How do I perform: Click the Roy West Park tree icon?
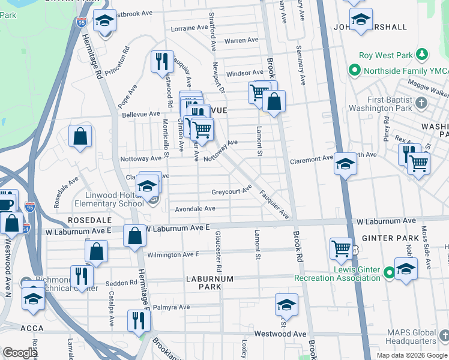(x=423, y=55)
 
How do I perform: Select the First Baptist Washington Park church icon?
(x=423, y=102)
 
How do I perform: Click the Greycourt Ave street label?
(x=231, y=192)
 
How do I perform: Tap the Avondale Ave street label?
(x=195, y=209)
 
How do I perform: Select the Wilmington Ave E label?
(x=173, y=254)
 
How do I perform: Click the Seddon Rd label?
(x=124, y=283)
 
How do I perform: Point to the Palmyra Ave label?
(x=171, y=307)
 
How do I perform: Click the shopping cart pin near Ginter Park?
(x=341, y=247)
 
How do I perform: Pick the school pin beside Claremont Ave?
(x=346, y=163)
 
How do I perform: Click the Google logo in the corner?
(x=20, y=353)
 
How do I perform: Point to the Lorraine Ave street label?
(x=191, y=28)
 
